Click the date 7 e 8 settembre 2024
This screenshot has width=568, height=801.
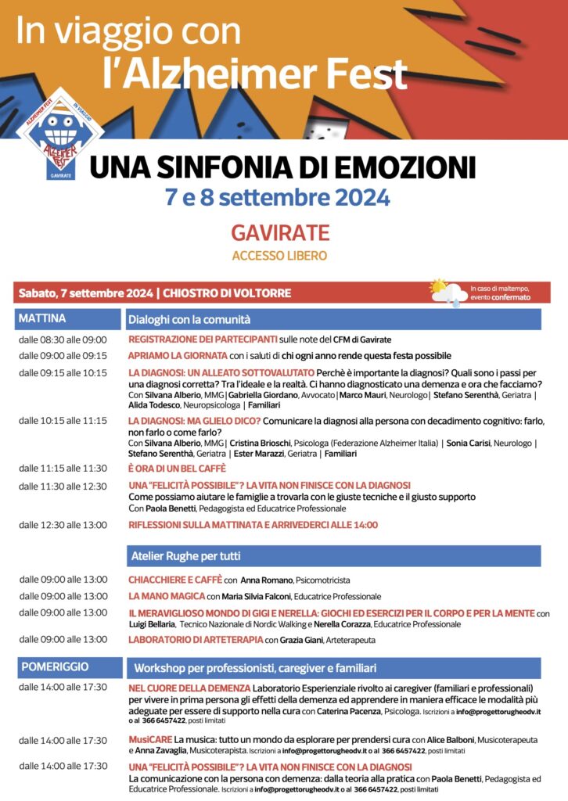tap(277, 197)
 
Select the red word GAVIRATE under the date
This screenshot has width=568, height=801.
tap(279, 232)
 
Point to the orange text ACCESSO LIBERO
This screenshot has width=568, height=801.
tap(279, 256)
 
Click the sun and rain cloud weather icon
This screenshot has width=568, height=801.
tap(448, 292)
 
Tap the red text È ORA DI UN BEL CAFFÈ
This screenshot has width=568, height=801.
tap(177, 469)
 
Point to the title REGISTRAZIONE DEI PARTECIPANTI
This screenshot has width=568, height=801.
tap(203, 339)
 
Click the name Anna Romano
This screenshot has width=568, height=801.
tap(266, 580)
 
